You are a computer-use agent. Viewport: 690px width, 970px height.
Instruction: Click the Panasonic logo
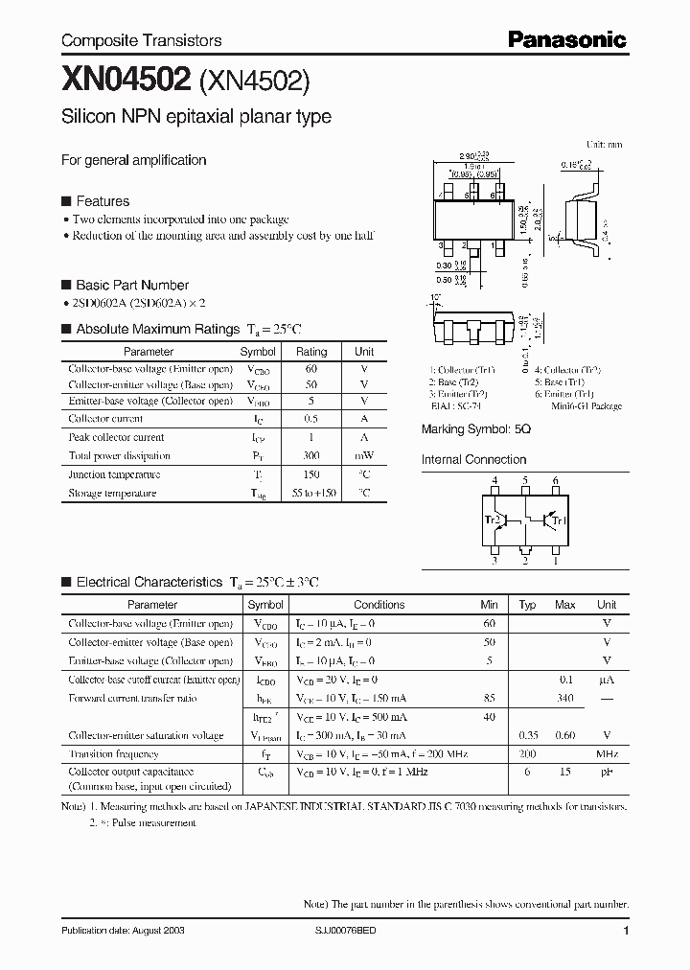coord(566,39)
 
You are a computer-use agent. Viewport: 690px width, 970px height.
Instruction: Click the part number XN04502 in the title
coord(126,81)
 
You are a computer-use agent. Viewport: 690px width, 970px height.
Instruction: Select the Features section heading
coord(102,201)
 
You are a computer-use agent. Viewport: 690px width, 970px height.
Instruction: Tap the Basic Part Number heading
coord(132,285)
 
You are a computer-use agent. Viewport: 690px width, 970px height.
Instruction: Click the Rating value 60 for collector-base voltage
coord(310,369)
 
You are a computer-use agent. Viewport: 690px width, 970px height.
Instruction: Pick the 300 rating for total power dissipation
coord(310,456)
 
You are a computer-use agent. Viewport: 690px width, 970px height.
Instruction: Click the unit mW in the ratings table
coord(364,456)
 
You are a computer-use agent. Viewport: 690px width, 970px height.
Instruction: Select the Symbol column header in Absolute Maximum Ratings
coord(258,352)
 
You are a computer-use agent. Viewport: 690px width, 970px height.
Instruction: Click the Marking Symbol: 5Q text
coord(475,430)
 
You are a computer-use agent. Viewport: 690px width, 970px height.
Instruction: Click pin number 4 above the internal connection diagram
coord(494,480)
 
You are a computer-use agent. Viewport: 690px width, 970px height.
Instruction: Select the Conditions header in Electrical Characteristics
coord(379,605)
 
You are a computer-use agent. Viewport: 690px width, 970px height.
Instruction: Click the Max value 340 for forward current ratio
coord(564,698)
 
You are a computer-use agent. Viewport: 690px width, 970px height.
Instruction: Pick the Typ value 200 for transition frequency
coord(527,753)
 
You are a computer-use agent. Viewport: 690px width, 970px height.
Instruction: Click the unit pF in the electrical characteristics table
coord(607,772)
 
